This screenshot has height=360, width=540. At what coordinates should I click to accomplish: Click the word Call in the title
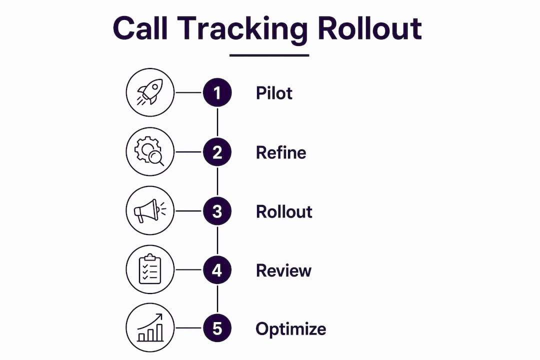(140, 28)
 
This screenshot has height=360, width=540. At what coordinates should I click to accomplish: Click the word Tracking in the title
(242, 30)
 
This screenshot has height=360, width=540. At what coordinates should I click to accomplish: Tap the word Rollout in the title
(370, 28)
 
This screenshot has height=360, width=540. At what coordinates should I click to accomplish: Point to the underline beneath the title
(269, 55)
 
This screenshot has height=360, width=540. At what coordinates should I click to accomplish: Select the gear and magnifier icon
(149, 151)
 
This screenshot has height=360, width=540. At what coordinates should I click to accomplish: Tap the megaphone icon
(149, 210)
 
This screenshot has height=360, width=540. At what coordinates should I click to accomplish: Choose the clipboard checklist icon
(150, 269)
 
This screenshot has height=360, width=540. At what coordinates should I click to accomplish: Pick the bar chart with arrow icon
(150, 327)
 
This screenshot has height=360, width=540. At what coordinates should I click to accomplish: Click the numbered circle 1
(217, 92)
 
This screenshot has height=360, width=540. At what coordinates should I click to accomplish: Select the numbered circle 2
(217, 152)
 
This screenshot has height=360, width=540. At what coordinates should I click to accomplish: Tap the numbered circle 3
(217, 211)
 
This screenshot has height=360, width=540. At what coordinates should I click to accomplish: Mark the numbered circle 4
(217, 269)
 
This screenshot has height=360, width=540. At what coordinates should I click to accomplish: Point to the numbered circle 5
(217, 328)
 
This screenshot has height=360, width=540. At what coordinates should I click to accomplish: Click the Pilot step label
(274, 92)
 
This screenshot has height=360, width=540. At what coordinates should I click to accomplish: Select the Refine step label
(281, 152)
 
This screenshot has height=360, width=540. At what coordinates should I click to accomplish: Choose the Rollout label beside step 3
(284, 211)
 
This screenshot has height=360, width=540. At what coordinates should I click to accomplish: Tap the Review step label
(284, 270)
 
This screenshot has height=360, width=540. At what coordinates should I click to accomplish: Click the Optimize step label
(290, 329)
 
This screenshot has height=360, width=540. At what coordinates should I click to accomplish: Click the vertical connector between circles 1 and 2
(217, 122)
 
